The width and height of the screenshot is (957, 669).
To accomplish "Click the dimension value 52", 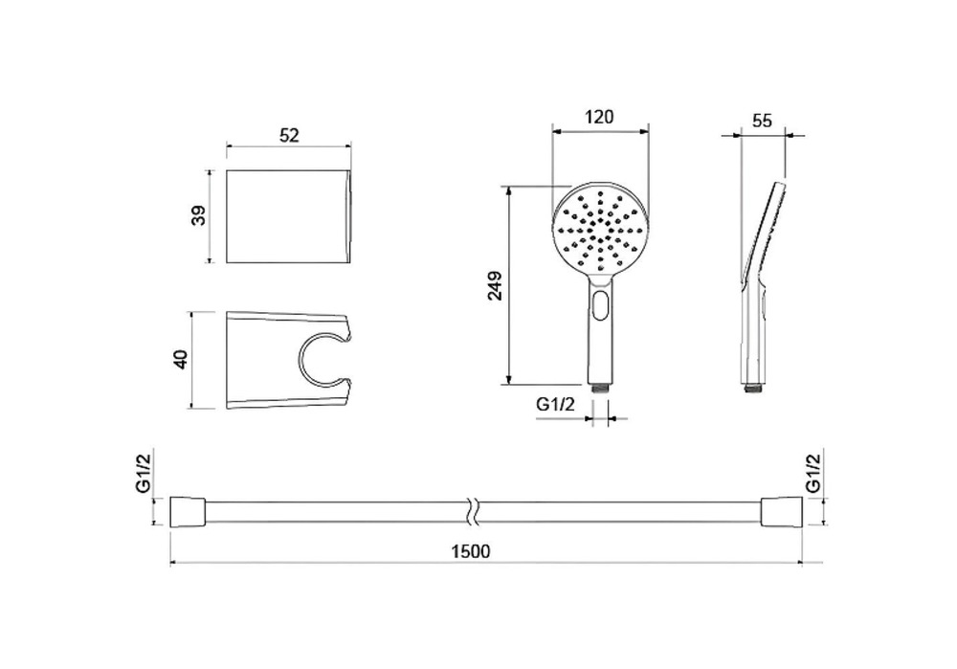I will click(x=289, y=136).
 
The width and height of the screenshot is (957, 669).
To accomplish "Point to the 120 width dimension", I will click(x=599, y=118).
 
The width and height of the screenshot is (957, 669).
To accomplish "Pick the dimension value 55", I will click(x=763, y=122).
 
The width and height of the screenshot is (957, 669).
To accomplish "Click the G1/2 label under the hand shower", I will click(x=555, y=405).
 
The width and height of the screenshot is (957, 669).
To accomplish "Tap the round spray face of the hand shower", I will click(x=601, y=231).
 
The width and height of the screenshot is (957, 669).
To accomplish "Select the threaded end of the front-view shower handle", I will click(x=600, y=389).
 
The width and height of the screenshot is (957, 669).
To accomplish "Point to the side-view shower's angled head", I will click(x=766, y=230).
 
